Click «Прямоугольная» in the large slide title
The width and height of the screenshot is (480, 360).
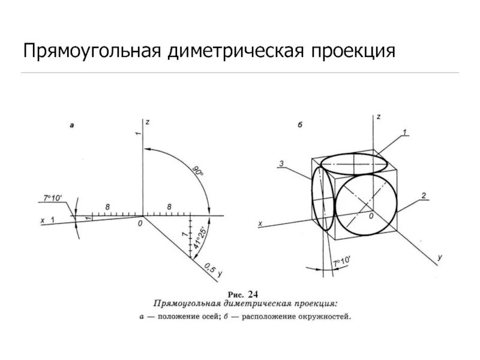tap(90, 51)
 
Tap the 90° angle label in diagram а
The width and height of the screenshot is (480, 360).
tap(197, 170)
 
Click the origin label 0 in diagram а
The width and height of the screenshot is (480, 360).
tap(139, 223)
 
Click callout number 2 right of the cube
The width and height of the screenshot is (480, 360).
tap(424, 196)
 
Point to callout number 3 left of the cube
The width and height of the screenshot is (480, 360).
tap(280, 163)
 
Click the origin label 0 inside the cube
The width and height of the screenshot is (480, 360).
tap(371, 215)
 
